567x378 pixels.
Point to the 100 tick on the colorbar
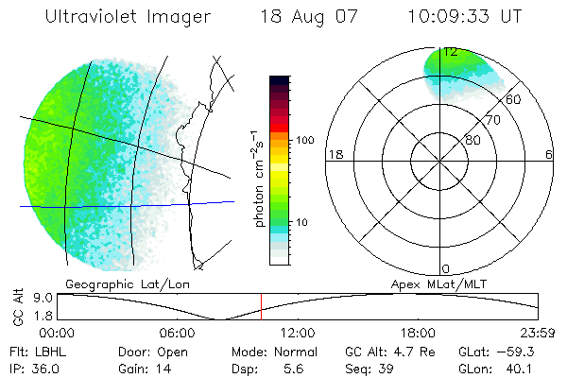[x=305, y=140]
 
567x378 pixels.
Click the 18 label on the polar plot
[x=334, y=154]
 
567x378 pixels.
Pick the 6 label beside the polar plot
[x=549, y=154]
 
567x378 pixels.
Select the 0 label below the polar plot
[x=446, y=269]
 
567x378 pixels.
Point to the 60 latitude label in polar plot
[x=514, y=99]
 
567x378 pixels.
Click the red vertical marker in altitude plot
[x=262, y=307]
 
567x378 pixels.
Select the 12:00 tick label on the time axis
[x=298, y=333]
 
